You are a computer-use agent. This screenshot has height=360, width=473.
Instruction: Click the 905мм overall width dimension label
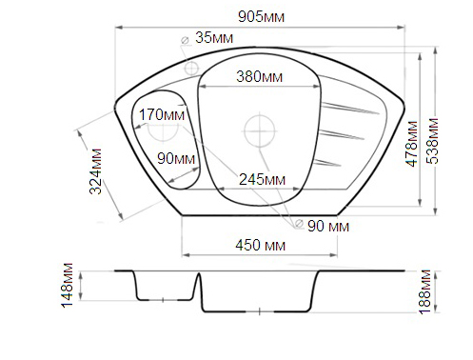[261, 17]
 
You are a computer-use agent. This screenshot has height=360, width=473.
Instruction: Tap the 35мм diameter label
[214, 38]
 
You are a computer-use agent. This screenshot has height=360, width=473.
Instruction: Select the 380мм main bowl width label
[259, 76]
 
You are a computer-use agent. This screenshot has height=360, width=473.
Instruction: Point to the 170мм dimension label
[162, 114]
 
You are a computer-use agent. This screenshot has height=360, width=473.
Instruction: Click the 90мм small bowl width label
[176, 158]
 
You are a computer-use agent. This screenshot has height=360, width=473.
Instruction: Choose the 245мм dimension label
[262, 180]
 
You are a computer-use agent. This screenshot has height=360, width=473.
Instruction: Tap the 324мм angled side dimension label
[95, 171]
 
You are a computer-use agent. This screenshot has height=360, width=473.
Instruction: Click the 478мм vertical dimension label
[412, 144]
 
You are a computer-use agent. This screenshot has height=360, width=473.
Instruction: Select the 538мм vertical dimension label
[432, 141]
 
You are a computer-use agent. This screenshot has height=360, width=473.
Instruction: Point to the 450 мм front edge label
[261, 246]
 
